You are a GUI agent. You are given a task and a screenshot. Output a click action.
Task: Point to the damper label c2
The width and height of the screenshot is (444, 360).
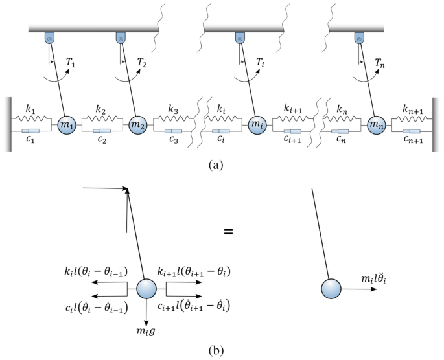coord(102,139)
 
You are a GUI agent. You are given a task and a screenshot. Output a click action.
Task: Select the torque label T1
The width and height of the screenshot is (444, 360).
coord(72,63)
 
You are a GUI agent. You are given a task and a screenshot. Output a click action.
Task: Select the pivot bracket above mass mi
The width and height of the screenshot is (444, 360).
coord(240,39)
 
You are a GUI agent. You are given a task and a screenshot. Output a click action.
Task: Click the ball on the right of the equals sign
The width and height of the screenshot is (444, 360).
coord(333,289)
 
